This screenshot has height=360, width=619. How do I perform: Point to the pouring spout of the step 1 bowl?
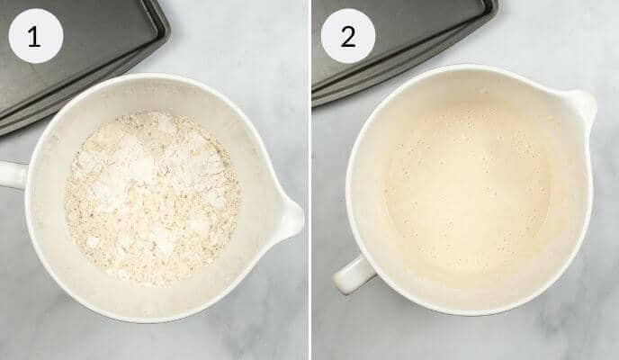pyautogui.click(x=290, y=217)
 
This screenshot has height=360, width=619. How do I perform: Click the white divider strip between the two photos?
pyautogui.click(x=309, y=180)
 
